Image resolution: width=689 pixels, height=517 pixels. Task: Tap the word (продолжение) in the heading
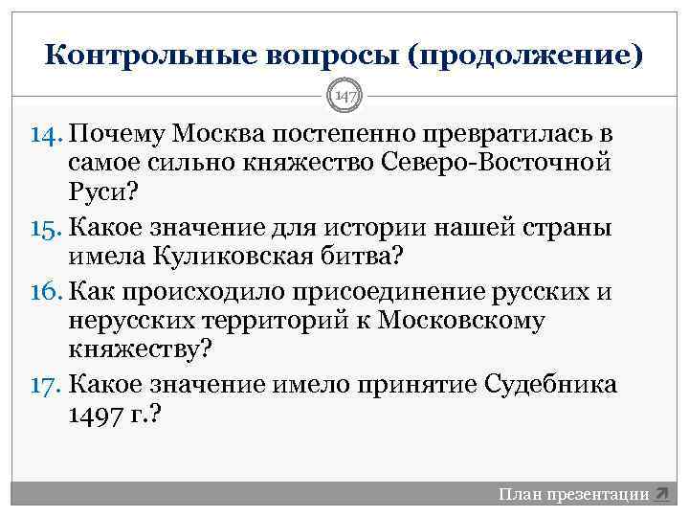pos(523,55)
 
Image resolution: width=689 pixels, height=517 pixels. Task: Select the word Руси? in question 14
pos(103,195)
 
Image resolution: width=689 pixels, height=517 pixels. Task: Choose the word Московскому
pos(461,322)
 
